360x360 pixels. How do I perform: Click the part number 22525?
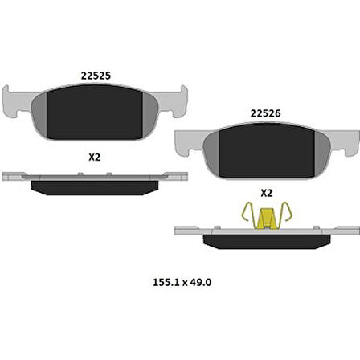point(96,76)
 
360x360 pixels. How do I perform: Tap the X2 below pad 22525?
point(94,157)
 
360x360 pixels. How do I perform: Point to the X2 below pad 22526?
point(267,193)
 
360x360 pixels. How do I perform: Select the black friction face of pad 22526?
point(266,148)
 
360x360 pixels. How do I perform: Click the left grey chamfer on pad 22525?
point(39,110)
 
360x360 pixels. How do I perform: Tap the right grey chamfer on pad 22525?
point(152,110)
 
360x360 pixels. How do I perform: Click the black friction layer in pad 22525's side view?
point(95,186)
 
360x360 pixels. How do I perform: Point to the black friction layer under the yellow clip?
point(266,240)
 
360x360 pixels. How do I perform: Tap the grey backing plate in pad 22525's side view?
point(95,175)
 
